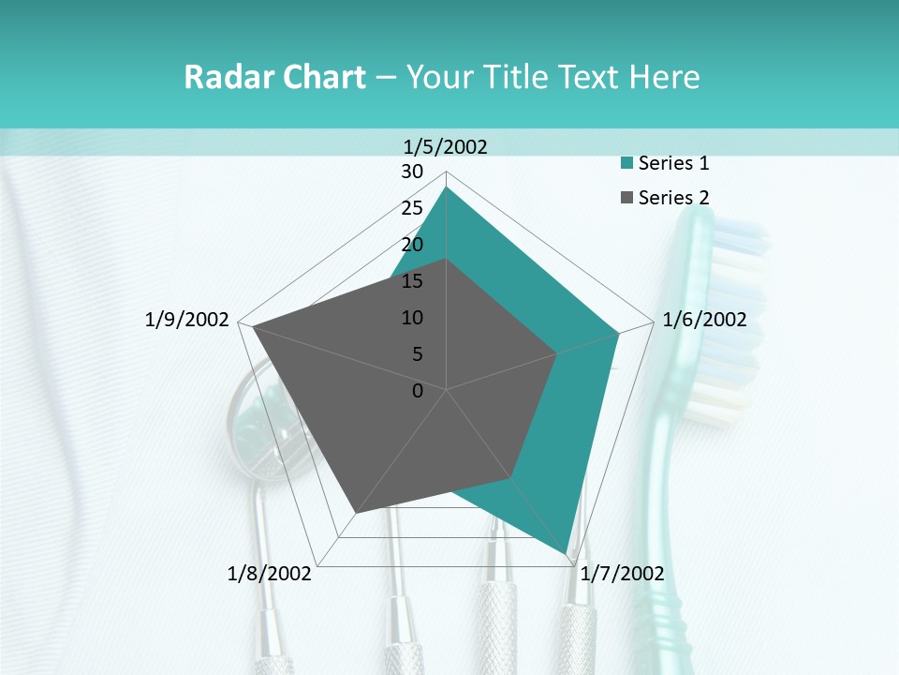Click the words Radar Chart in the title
(274, 78)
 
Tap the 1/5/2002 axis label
(446, 146)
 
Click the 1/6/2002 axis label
(704, 320)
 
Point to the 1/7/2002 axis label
(622, 574)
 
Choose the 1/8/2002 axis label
(270, 574)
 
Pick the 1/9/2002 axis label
(187, 320)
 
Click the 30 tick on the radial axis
(412, 172)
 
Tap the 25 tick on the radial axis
(412, 208)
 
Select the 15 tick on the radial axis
(412, 281)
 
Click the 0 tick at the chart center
(418, 391)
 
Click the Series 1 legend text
(673, 163)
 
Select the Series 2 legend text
(673, 197)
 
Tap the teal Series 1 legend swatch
(626, 163)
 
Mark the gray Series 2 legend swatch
(626, 197)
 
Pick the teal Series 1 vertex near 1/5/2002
(447, 187)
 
